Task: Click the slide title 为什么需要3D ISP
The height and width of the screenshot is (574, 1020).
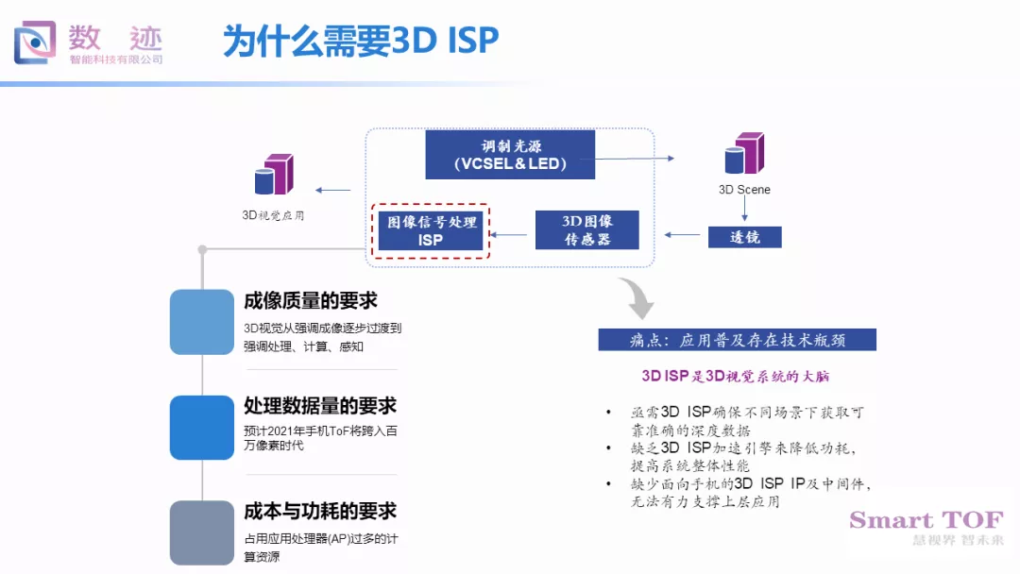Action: [361, 41]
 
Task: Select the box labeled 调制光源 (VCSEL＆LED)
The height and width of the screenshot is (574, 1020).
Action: [510, 155]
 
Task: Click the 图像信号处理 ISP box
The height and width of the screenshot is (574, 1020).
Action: [430, 230]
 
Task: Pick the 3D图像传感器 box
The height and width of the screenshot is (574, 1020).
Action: [587, 230]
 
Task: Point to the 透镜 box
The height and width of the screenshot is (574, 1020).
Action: [745, 237]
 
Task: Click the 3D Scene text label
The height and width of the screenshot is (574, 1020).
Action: [744, 190]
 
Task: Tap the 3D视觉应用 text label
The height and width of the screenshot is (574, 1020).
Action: [274, 215]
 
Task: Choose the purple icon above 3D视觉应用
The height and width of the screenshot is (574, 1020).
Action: [274, 175]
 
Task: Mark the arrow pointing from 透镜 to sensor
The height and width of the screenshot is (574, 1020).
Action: [683, 234]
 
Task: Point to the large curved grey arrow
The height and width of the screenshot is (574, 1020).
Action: [636, 298]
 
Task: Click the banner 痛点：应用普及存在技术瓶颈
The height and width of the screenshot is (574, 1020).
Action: [738, 340]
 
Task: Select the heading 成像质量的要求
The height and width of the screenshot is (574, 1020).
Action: [311, 301]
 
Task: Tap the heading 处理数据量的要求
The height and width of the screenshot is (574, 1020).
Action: [320, 406]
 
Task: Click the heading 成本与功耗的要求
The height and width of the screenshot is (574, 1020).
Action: [320, 512]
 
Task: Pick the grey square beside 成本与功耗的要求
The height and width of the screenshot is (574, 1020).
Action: [202, 532]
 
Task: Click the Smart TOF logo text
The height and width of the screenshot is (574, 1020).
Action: [926, 520]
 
